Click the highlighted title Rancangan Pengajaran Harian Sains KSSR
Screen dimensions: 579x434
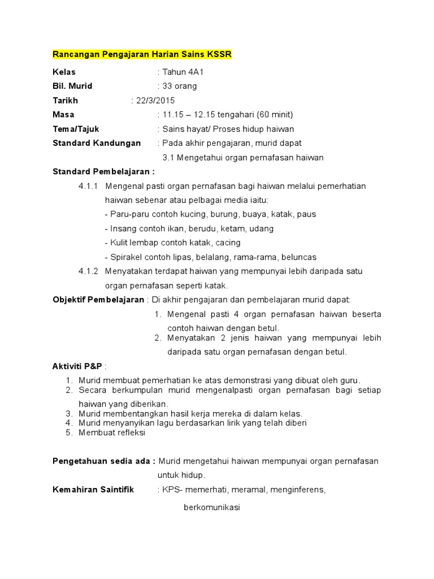pyautogui.click(x=142, y=54)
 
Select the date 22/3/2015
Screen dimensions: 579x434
pyautogui.click(x=154, y=101)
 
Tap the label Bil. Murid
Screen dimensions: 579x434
pyautogui.click(x=72, y=87)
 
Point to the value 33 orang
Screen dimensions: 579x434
pyautogui.click(x=180, y=87)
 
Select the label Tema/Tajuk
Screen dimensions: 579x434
pyautogui.click(x=76, y=129)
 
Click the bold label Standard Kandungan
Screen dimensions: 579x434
pyautogui.click(x=97, y=143)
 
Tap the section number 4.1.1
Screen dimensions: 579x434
pyautogui.click(x=88, y=186)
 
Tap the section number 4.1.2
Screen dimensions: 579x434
pyautogui.click(x=88, y=271)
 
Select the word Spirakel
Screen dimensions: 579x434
pyautogui.click(x=127, y=257)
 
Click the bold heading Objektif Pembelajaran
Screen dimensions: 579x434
pyautogui.click(x=99, y=299)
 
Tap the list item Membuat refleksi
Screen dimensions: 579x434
pyautogui.click(x=112, y=433)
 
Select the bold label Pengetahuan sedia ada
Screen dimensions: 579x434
pyautogui.click(x=103, y=461)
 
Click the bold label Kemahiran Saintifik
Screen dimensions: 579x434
pyautogui.click(x=93, y=490)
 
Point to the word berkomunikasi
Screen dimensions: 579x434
pyautogui.click(x=212, y=508)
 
